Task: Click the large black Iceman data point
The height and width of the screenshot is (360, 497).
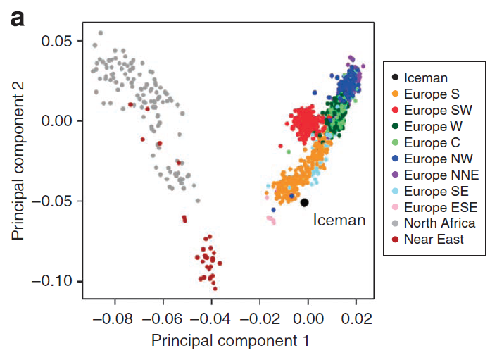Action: pyautogui.click(x=305, y=203)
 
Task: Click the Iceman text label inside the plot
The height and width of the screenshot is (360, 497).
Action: pyautogui.click(x=339, y=221)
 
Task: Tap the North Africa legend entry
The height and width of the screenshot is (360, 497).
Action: pyautogui.click(x=439, y=223)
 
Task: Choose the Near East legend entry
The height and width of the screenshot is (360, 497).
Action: pyautogui.click(x=434, y=240)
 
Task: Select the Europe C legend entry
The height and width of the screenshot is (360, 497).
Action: pyautogui.click(x=432, y=143)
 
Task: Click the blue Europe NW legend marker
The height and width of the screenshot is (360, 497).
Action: pyautogui.click(x=396, y=159)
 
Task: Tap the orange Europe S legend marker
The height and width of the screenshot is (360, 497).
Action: pyautogui.click(x=396, y=94)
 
